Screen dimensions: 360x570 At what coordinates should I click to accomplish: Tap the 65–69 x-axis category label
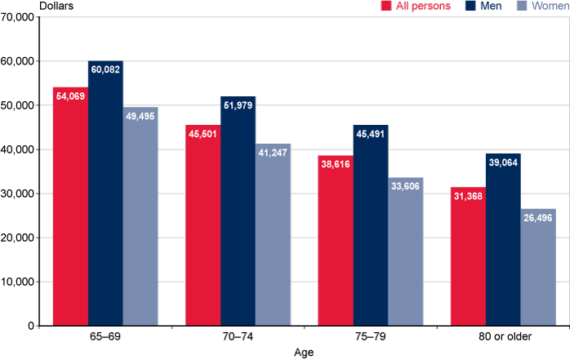pos(105,337)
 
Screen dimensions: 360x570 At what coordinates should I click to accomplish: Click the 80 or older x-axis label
pos(503,337)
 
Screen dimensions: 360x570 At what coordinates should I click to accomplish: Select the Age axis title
pos(303,353)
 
